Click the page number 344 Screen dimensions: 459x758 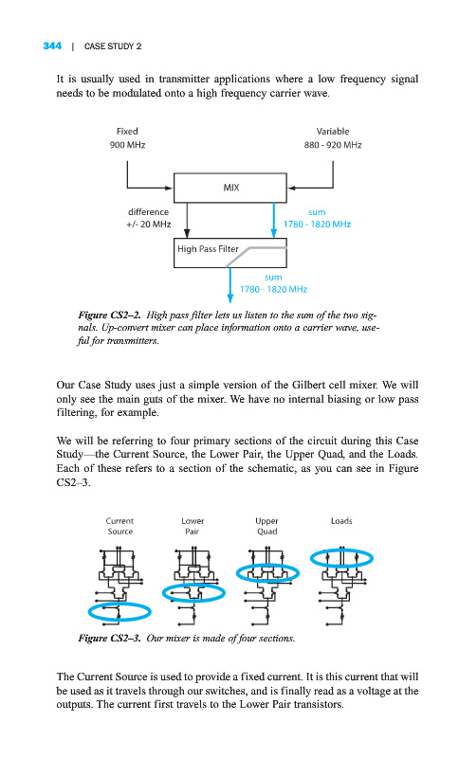tap(52, 45)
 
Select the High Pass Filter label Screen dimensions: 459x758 tap(208, 249)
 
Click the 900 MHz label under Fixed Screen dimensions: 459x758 tap(127, 145)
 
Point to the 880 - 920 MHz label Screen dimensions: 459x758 tap(333, 145)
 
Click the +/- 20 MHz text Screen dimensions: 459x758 tap(149, 225)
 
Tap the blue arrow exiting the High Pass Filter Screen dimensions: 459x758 tap(230, 285)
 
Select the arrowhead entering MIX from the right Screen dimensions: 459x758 tap(291, 188)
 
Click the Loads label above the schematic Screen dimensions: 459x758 tap(341, 521)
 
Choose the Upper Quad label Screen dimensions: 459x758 tap(267, 526)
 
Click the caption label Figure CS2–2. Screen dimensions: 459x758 tap(110, 316)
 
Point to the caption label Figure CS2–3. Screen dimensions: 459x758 tap(110, 638)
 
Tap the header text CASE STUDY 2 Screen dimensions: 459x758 tap(113, 46)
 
